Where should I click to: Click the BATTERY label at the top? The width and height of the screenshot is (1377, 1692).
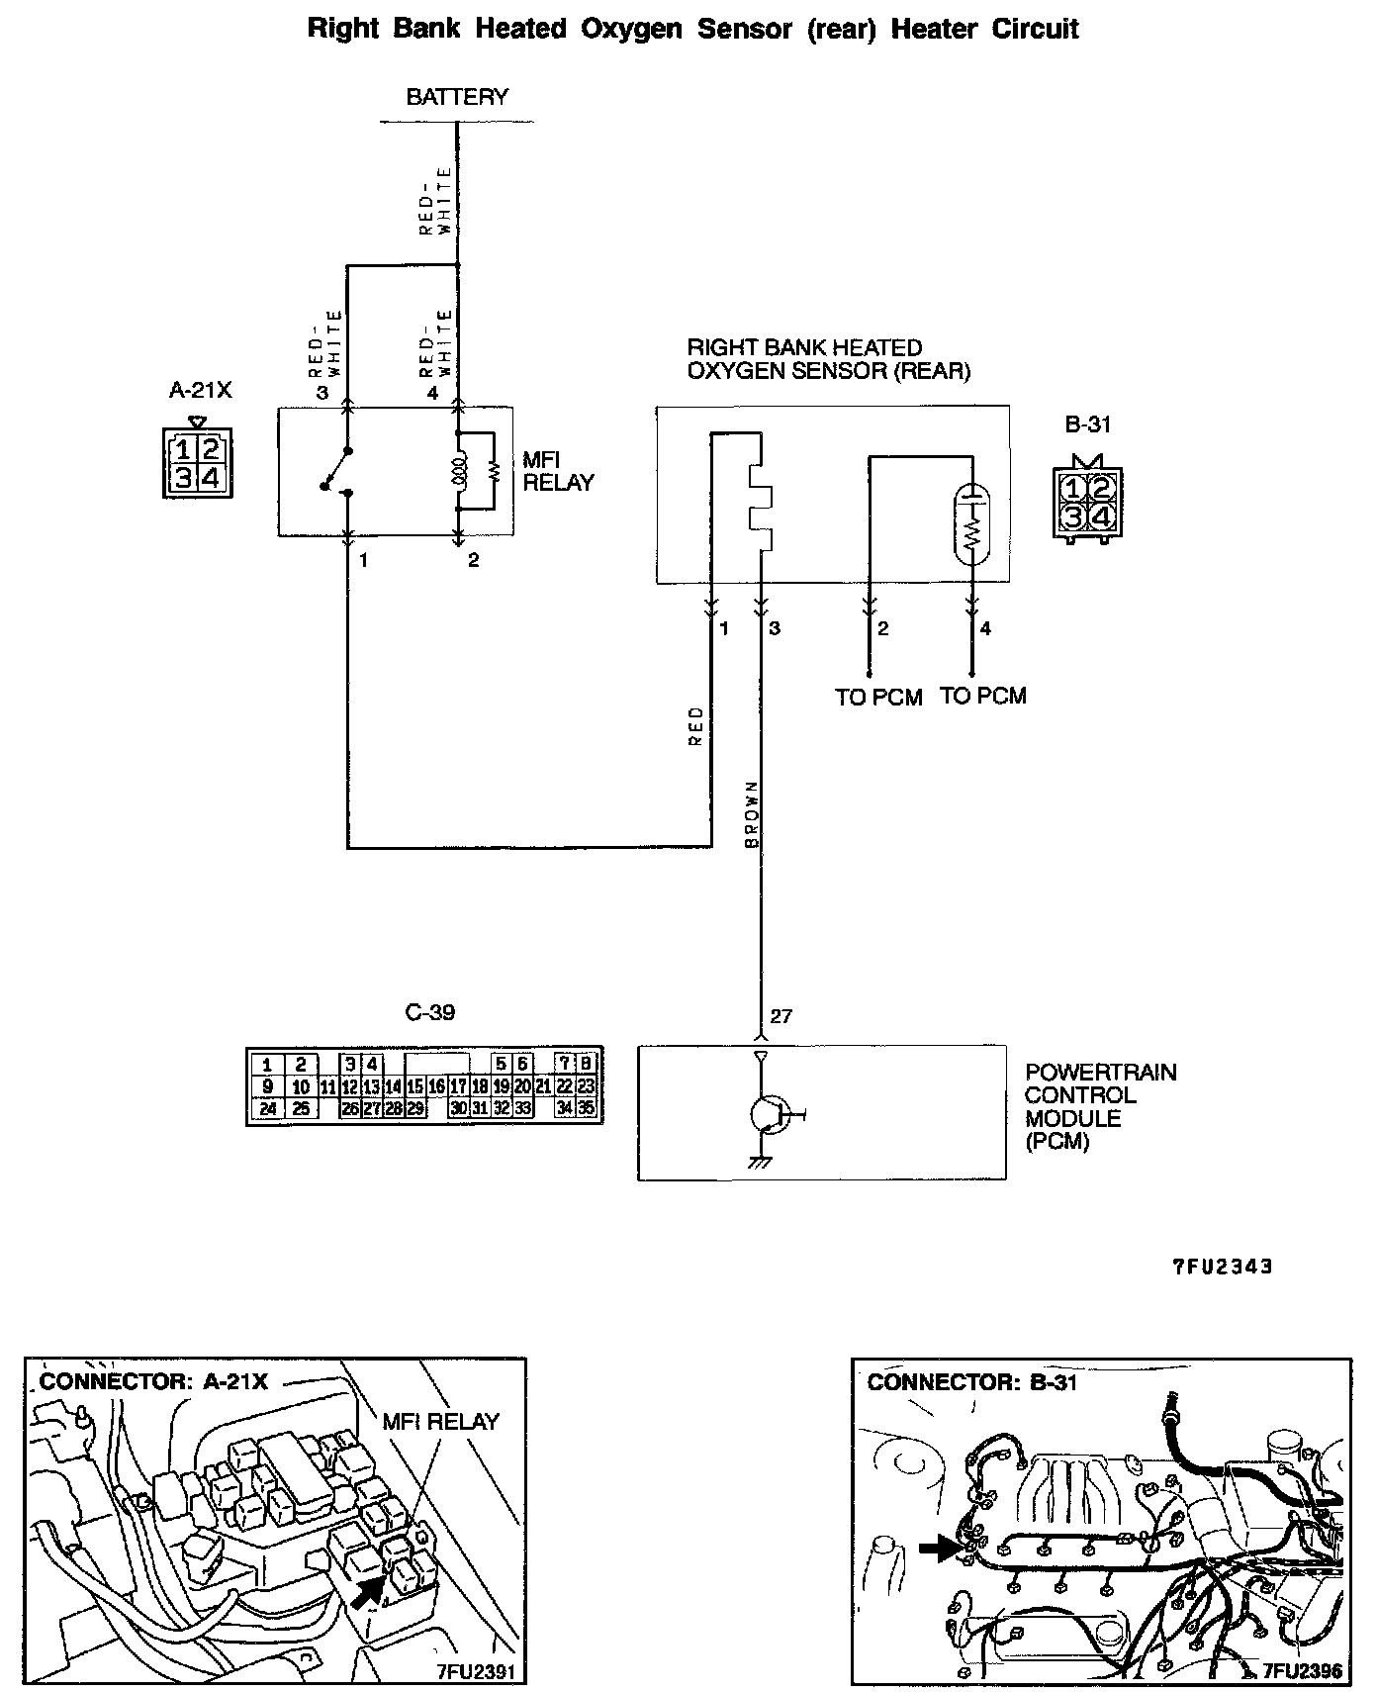(456, 97)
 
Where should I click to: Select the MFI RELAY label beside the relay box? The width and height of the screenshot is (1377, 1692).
(558, 472)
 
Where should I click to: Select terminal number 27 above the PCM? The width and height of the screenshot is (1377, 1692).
(780, 1016)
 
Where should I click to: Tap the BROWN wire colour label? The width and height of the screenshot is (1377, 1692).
(751, 813)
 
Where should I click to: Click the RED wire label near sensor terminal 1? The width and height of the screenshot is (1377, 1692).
(696, 725)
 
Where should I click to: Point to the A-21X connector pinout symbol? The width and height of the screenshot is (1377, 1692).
(197, 464)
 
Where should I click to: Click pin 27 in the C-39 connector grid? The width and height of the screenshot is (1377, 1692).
(371, 1109)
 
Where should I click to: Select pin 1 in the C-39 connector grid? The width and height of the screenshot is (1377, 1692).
(267, 1065)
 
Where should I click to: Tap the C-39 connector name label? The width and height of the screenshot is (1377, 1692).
(431, 1012)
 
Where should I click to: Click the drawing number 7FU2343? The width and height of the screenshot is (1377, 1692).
(1223, 1266)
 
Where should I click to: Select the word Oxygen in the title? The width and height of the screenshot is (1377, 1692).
(632, 29)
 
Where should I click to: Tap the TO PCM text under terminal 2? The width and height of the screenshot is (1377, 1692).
(878, 698)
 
